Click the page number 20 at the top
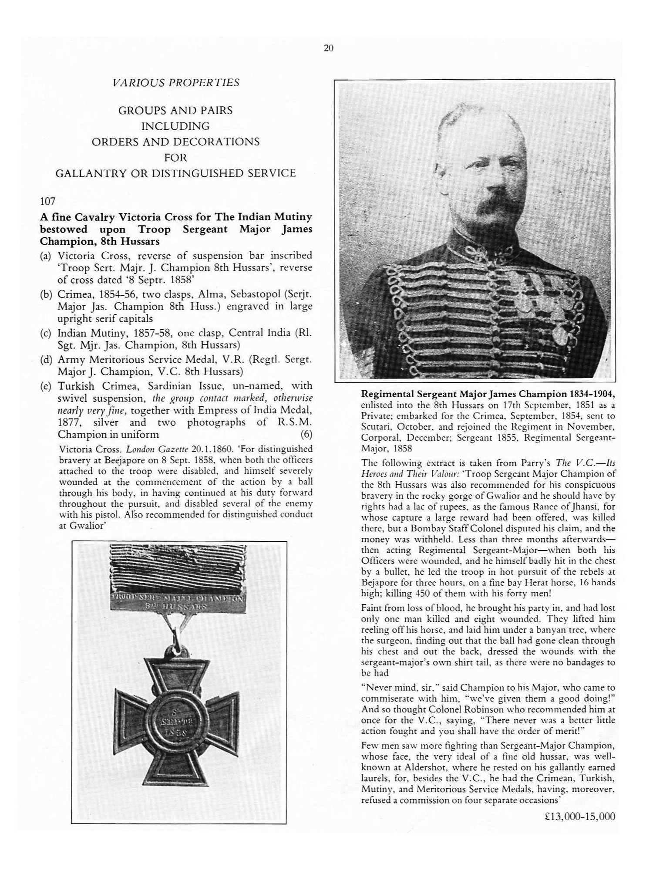click(x=328, y=48)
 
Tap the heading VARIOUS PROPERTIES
click(x=175, y=83)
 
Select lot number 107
click(x=47, y=201)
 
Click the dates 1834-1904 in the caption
click(x=592, y=394)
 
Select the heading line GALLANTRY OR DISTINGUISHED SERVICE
click(x=175, y=173)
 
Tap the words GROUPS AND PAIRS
click(x=175, y=111)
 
